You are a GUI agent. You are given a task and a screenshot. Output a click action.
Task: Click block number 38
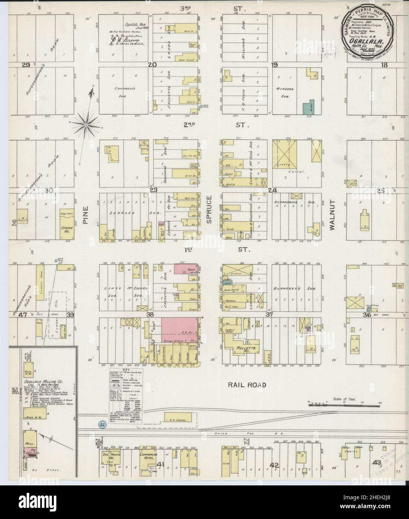click(x=150, y=315)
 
